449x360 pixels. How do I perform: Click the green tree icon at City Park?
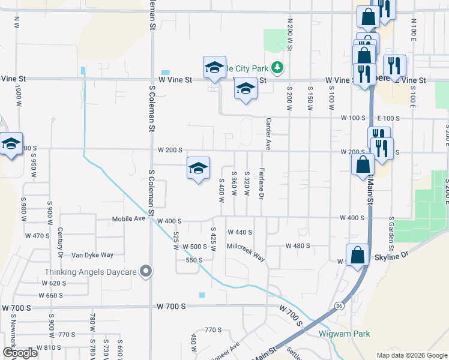tap(277, 67)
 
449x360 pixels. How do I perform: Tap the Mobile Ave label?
tap(128, 219)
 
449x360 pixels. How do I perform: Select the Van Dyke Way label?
tap(92, 255)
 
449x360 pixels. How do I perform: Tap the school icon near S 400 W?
tap(198, 169)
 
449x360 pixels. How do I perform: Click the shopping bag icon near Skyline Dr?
tap(358, 254)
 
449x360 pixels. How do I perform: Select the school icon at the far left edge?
tap(10, 144)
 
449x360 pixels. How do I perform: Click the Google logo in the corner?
tap(20, 353)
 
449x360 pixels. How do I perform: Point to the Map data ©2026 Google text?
tap(411, 355)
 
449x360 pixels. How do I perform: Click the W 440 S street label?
tap(240, 232)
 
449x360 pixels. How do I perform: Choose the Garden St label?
tap(391, 234)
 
